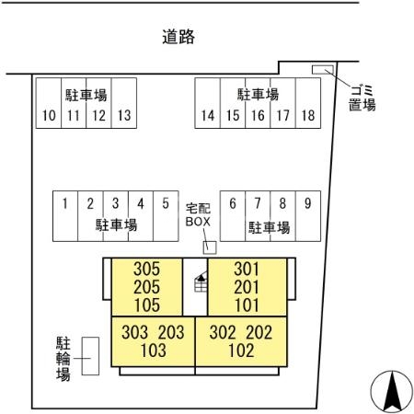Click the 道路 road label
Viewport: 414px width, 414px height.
(178, 37)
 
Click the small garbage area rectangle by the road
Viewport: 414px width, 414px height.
(323, 70)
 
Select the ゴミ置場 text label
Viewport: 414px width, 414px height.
(362, 98)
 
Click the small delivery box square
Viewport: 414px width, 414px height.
(210, 247)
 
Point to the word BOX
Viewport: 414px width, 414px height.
(198, 222)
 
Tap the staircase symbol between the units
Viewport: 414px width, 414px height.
(201, 282)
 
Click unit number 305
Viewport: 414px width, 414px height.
(146, 269)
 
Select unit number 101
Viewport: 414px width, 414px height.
(247, 305)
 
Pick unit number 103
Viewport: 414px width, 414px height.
(154, 351)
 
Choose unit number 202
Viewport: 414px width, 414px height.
(259, 332)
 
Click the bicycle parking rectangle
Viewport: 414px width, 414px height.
(90, 356)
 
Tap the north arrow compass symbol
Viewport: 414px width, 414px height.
(392, 392)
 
